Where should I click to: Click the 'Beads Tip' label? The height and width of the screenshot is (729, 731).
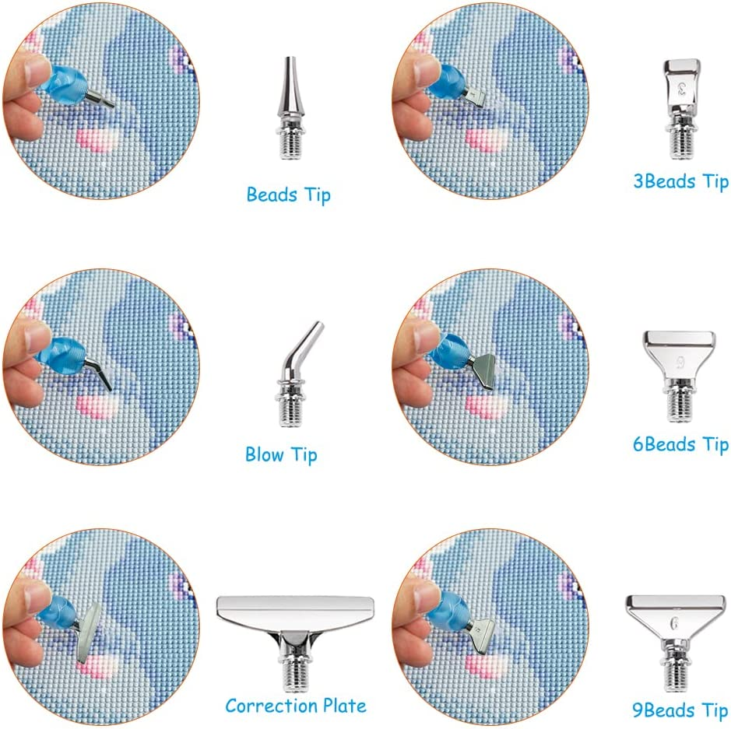289,195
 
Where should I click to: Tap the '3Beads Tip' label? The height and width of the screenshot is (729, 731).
681,181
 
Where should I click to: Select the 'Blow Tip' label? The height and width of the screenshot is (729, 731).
281,454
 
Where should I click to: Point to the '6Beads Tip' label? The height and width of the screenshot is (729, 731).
680,444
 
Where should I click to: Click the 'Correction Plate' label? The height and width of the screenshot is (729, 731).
296,706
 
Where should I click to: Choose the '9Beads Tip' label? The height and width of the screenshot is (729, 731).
680,710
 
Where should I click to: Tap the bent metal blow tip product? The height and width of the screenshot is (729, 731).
297,373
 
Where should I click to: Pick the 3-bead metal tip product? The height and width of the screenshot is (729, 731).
682,109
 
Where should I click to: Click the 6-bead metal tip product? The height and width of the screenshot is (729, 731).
680,376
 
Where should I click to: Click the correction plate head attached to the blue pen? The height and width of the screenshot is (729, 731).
89,632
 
